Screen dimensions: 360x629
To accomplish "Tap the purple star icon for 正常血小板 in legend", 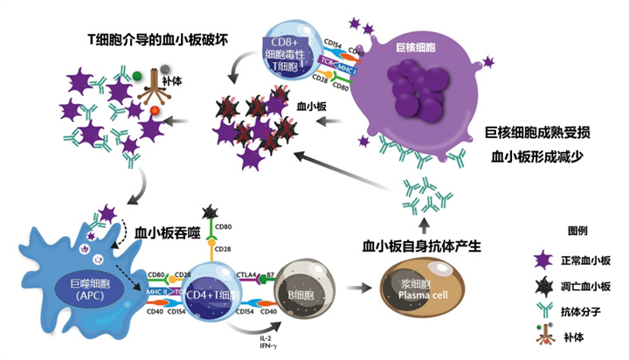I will click(544, 260).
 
